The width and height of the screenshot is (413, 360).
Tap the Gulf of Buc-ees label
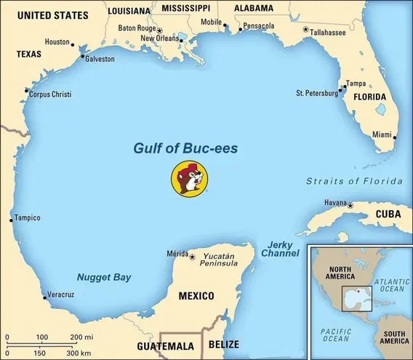coord(185,148)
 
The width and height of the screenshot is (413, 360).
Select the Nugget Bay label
coord(104,277)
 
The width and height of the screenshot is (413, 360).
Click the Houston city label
coord(57,42)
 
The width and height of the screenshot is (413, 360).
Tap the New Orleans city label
coord(159,38)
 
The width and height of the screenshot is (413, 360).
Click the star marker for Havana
coord(350,206)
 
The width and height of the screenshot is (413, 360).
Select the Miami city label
coord(382,135)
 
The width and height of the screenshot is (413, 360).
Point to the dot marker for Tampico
coord(10,218)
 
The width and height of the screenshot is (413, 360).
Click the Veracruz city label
coord(60,294)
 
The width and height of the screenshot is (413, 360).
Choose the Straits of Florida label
coord(354,180)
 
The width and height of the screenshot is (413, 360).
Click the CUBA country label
coord(388,214)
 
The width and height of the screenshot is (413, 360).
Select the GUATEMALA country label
coord(166,345)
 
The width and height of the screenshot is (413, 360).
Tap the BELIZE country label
coord(223,343)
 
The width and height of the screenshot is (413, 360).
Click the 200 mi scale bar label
coord(82,337)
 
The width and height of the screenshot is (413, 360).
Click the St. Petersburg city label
coord(317,93)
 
